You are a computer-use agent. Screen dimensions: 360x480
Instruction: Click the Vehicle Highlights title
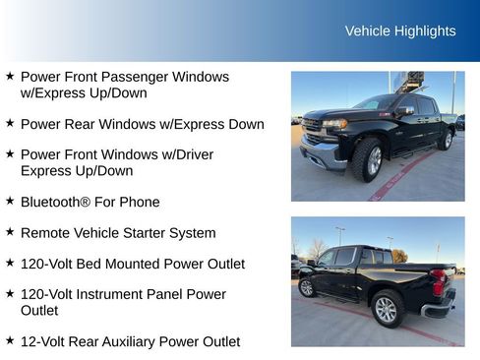coord(400,30)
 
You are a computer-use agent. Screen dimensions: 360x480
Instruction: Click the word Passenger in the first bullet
coord(144,77)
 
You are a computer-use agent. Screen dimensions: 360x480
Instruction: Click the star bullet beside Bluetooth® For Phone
coord(10,201)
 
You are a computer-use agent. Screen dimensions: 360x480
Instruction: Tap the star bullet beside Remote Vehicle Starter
coord(10,232)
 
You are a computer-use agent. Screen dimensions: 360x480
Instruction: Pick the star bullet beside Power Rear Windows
coord(10,123)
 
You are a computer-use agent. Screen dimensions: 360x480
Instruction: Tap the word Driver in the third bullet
coord(191,154)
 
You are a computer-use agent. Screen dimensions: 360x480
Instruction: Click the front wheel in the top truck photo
coord(369,159)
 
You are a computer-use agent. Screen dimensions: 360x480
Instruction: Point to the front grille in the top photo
coord(313,128)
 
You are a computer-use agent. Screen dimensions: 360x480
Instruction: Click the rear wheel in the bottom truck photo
coord(387,309)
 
